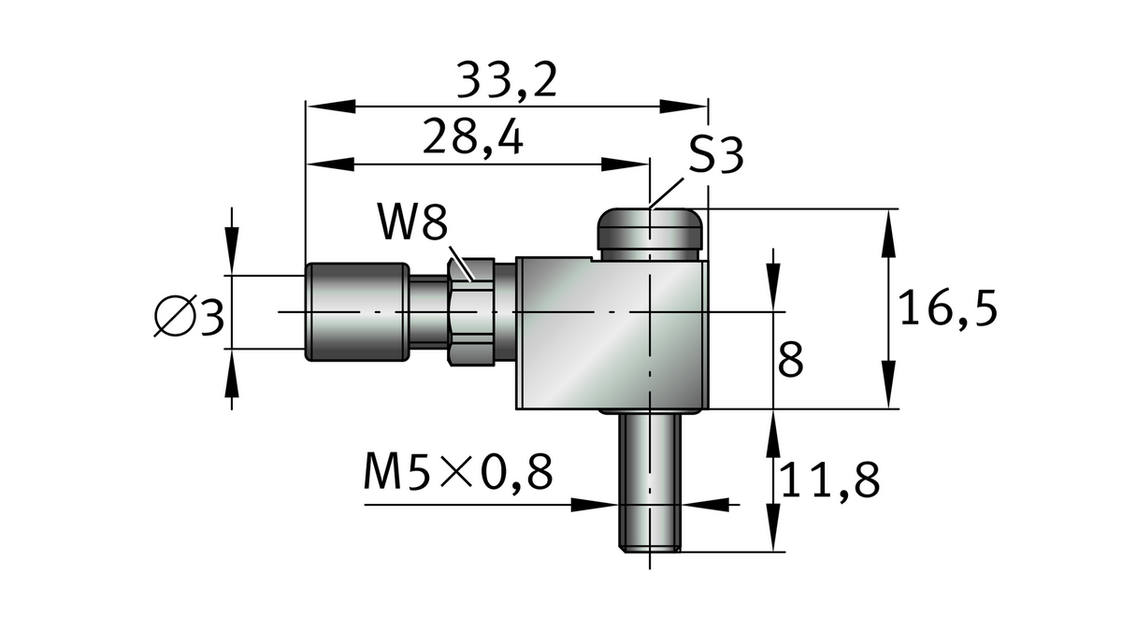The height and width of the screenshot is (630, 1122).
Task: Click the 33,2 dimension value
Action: (508, 82)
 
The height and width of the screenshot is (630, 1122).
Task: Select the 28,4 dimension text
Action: (472, 138)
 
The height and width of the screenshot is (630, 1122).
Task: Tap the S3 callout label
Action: (716, 156)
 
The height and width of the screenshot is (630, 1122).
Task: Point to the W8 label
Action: (412, 225)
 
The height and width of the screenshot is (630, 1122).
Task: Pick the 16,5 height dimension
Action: (947, 308)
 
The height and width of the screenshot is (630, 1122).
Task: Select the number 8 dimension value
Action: (790, 360)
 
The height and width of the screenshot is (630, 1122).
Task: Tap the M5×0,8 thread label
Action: (458, 474)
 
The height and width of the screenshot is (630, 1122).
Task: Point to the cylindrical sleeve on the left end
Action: (356, 311)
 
